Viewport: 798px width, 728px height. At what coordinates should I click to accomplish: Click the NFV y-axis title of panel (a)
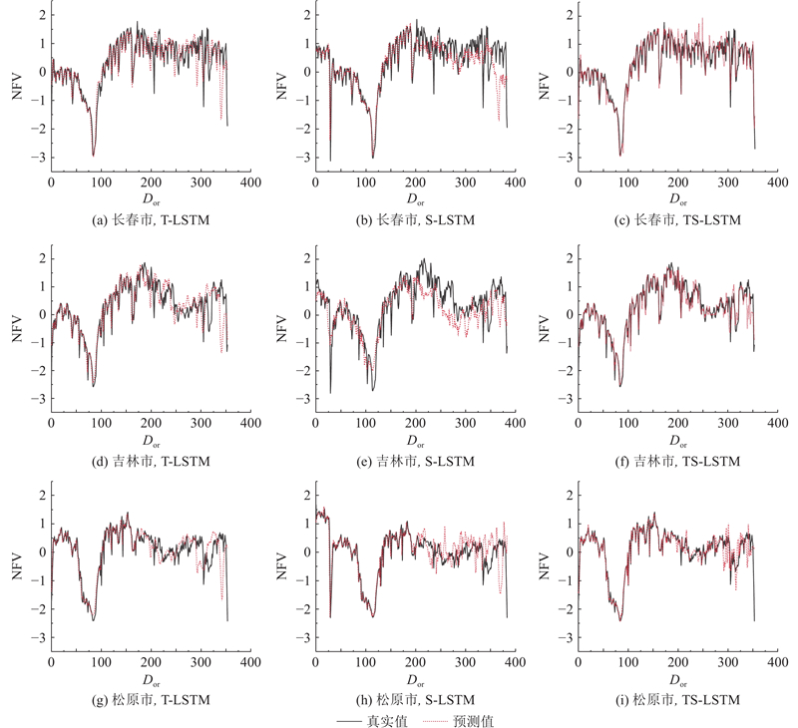[x=15, y=87]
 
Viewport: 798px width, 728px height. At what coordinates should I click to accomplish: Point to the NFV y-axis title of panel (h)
[x=278, y=566]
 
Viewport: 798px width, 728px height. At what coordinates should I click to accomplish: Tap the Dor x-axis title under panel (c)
[x=677, y=198]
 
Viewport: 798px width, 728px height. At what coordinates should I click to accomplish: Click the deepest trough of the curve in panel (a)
[x=94, y=155]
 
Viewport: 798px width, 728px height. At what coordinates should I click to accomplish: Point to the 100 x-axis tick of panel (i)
[x=627, y=662]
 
